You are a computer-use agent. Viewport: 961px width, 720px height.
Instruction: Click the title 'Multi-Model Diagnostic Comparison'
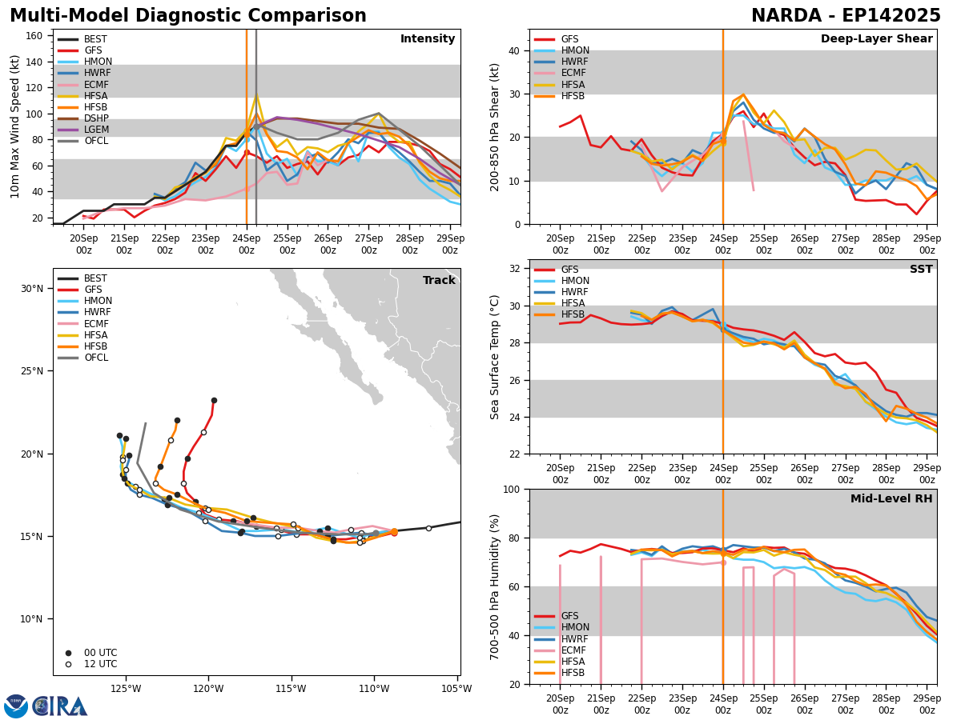click(x=188, y=16)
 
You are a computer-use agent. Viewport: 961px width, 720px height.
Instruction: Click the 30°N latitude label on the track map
click(x=32, y=289)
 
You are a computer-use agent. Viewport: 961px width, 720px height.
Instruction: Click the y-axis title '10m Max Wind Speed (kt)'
click(x=15, y=126)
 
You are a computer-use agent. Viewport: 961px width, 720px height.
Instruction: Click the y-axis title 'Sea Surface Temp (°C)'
click(x=496, y=357)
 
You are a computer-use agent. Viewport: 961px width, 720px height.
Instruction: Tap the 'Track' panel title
click(x=439, y=281)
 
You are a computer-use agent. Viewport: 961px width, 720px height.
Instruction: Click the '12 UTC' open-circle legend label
click(x=100, y=664)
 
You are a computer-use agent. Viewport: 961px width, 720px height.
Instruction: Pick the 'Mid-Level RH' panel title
click(x=891, y=499)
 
